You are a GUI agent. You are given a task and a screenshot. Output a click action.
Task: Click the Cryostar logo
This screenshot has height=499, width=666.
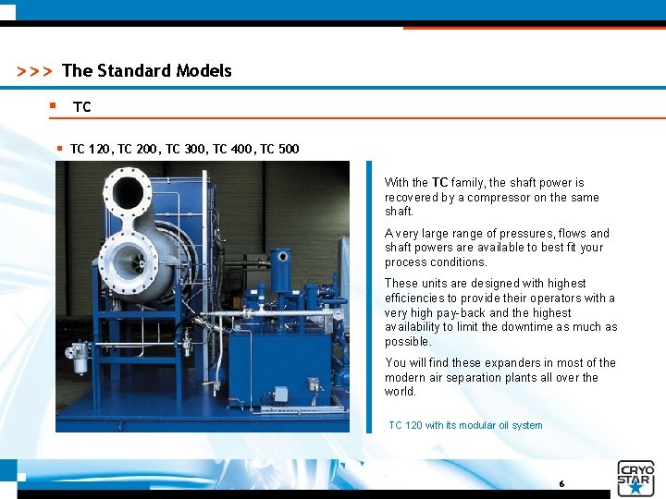pos(635,479)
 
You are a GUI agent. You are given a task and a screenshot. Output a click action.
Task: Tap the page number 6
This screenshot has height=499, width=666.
pos(561,483)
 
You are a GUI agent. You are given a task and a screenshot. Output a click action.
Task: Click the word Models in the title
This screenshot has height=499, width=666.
pos(201,71)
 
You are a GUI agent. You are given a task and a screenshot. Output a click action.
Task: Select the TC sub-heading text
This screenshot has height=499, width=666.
pos(82,107)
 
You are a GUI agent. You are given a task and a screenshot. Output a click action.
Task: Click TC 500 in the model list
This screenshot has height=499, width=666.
pos(279,149)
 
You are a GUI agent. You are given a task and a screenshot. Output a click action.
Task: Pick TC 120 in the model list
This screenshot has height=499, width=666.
pos(91,149)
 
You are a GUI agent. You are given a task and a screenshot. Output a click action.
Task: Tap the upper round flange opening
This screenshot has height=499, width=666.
pos(128,195)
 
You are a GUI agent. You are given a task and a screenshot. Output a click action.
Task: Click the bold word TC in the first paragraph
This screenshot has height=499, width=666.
pos(439,183)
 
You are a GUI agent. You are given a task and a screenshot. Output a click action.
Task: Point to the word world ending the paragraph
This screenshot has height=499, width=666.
pos(401,392)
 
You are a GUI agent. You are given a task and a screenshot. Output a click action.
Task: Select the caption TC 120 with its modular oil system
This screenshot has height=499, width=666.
pos(465,425)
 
